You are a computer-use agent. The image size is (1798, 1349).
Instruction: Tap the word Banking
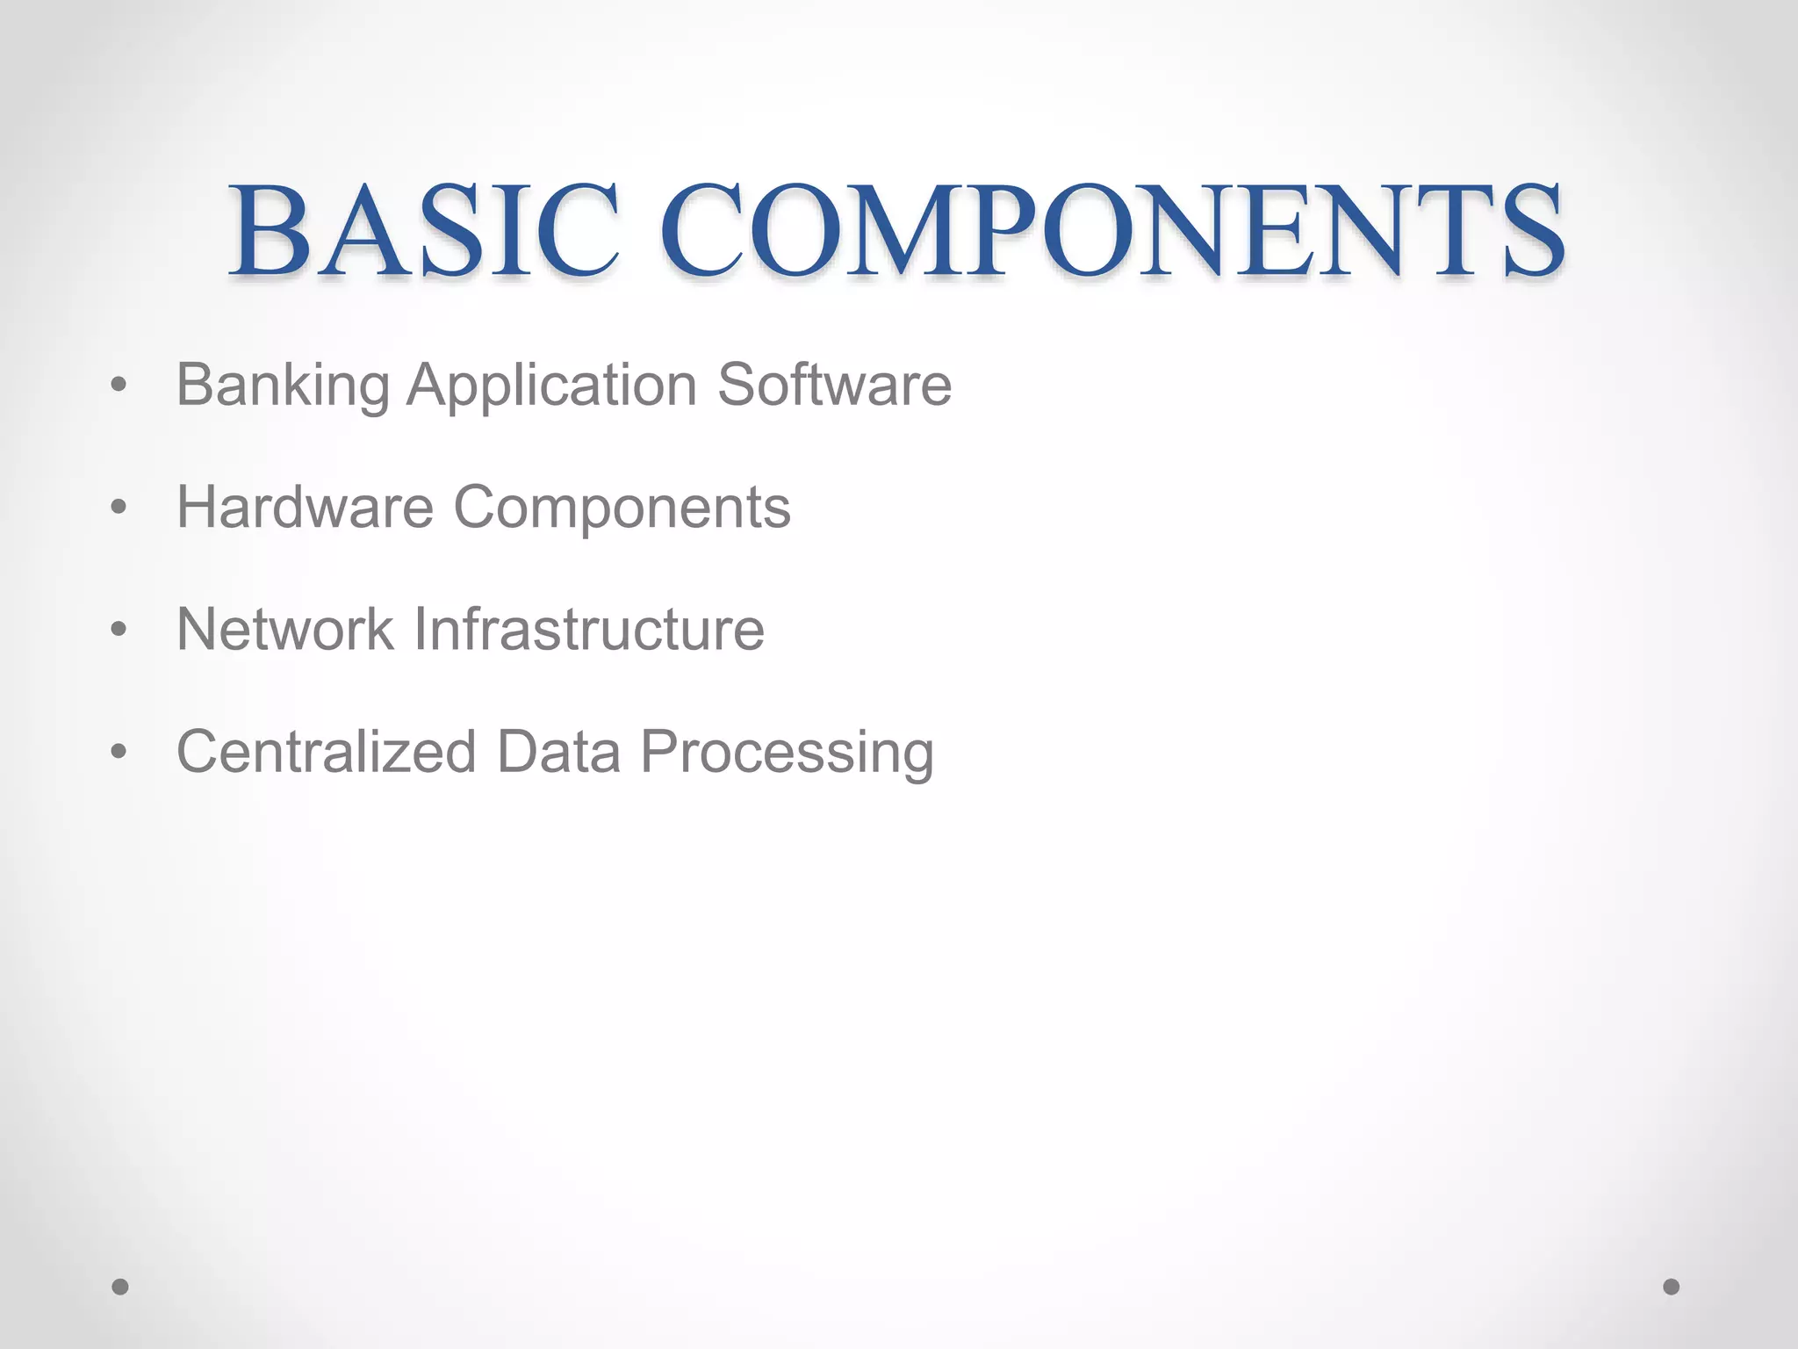coord(283,386)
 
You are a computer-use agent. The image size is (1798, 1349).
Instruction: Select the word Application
coord(552,386)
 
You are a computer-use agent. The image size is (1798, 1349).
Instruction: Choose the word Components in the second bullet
coord(622,509)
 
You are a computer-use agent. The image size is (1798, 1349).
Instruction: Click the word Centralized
coord(326,752)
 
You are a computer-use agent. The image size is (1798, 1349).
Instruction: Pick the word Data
coord(558,752)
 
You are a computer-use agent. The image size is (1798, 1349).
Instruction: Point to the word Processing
coord(787,754)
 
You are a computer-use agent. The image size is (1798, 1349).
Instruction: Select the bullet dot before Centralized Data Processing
coord(119,752)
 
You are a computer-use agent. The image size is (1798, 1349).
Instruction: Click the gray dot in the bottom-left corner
coord(120,1287)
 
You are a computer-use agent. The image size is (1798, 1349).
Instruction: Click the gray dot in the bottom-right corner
coord(1672,1287)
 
